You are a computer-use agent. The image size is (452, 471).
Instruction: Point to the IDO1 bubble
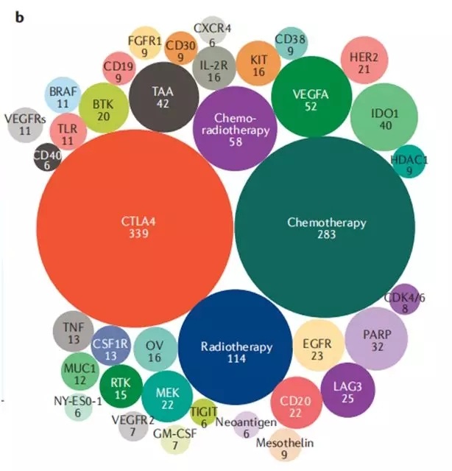tap(380, 118)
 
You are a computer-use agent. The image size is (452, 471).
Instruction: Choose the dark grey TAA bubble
tap(164, 97)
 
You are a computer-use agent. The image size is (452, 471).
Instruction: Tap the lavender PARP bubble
tap(377, 339)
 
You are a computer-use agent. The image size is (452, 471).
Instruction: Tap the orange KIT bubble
tap(258, 65)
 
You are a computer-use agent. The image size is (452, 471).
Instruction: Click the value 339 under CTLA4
tap(139, 234)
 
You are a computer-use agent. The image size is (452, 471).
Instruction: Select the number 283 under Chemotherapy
tap(327, 235)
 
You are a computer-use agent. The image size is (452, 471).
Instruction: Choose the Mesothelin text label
tap(285, 443)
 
